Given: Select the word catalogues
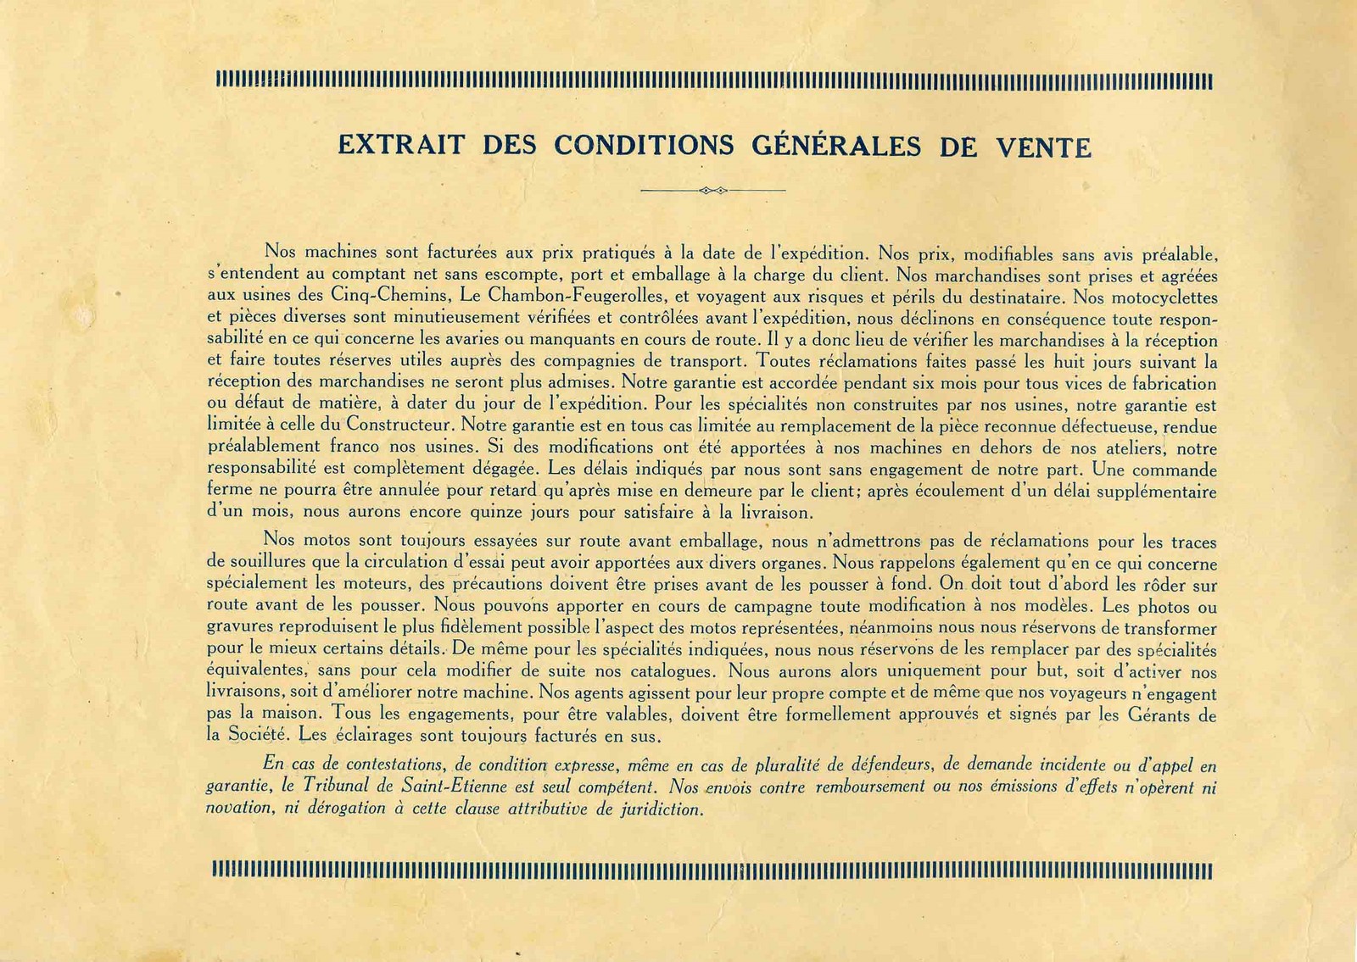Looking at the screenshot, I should click(x=672, y=672).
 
